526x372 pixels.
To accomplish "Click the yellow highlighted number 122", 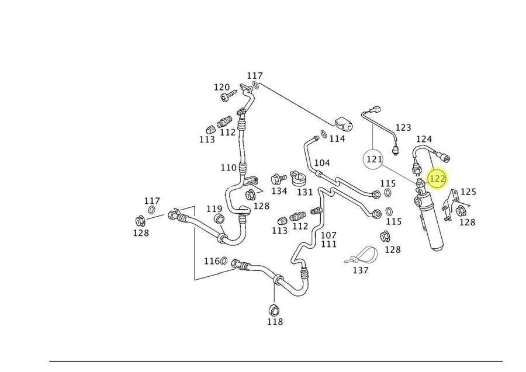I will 437,178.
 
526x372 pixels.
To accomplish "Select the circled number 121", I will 373,158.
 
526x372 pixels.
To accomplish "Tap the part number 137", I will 361,270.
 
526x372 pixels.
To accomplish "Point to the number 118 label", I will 275,322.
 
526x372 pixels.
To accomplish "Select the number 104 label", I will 322,163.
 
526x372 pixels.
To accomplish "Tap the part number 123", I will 403,127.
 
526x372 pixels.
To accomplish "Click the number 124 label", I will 424,139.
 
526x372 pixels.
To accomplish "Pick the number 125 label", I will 468,192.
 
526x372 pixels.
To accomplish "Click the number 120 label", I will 222,88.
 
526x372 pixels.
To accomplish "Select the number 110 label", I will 229,168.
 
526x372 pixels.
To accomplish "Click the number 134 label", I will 279,191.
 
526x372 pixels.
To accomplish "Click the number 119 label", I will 214,208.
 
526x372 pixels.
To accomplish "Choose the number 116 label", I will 212,260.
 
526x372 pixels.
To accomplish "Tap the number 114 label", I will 337,138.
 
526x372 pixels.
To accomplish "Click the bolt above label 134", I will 278,178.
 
